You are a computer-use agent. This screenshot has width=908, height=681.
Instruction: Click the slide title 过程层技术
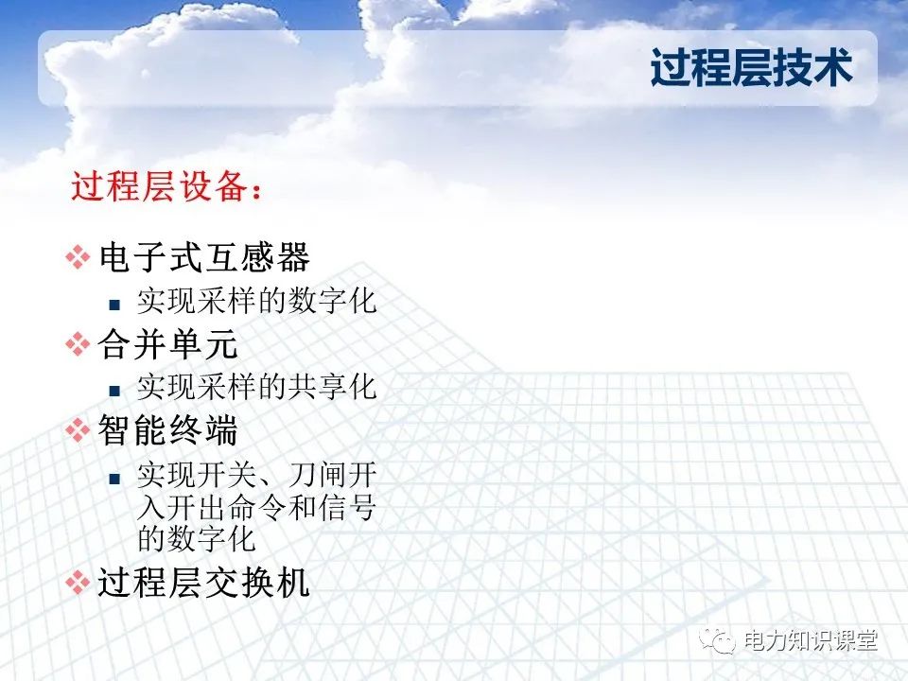(751, 68)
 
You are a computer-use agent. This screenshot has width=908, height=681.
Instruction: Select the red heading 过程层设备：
(166, 186)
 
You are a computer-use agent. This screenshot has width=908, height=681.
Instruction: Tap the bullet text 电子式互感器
(204, 257)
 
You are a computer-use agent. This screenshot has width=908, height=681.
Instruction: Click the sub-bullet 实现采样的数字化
(256, 302)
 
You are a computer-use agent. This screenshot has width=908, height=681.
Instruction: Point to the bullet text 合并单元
(168, 344)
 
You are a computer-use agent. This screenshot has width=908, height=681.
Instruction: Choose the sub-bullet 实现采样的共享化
(256, 388)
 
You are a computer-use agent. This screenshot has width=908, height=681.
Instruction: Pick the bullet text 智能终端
(168, 431)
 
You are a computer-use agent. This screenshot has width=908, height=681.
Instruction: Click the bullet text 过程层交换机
(204, 582)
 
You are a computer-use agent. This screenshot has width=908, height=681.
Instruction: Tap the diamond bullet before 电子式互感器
(77, 258)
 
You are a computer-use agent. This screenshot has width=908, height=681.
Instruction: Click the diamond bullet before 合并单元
(77, 345)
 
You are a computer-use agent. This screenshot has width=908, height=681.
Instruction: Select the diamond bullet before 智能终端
(77, 432)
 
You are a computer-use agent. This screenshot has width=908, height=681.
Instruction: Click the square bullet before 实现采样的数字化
(114, 305)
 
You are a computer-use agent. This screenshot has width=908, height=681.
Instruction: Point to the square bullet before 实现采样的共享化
(114, 390)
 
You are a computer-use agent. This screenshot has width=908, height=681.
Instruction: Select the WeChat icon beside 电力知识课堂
(721, 641)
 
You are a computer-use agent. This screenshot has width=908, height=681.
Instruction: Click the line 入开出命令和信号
(256, 508)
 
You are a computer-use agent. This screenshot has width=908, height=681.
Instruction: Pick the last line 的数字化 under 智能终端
(197, 540)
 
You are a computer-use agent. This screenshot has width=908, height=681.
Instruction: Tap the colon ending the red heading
(253, 190)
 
